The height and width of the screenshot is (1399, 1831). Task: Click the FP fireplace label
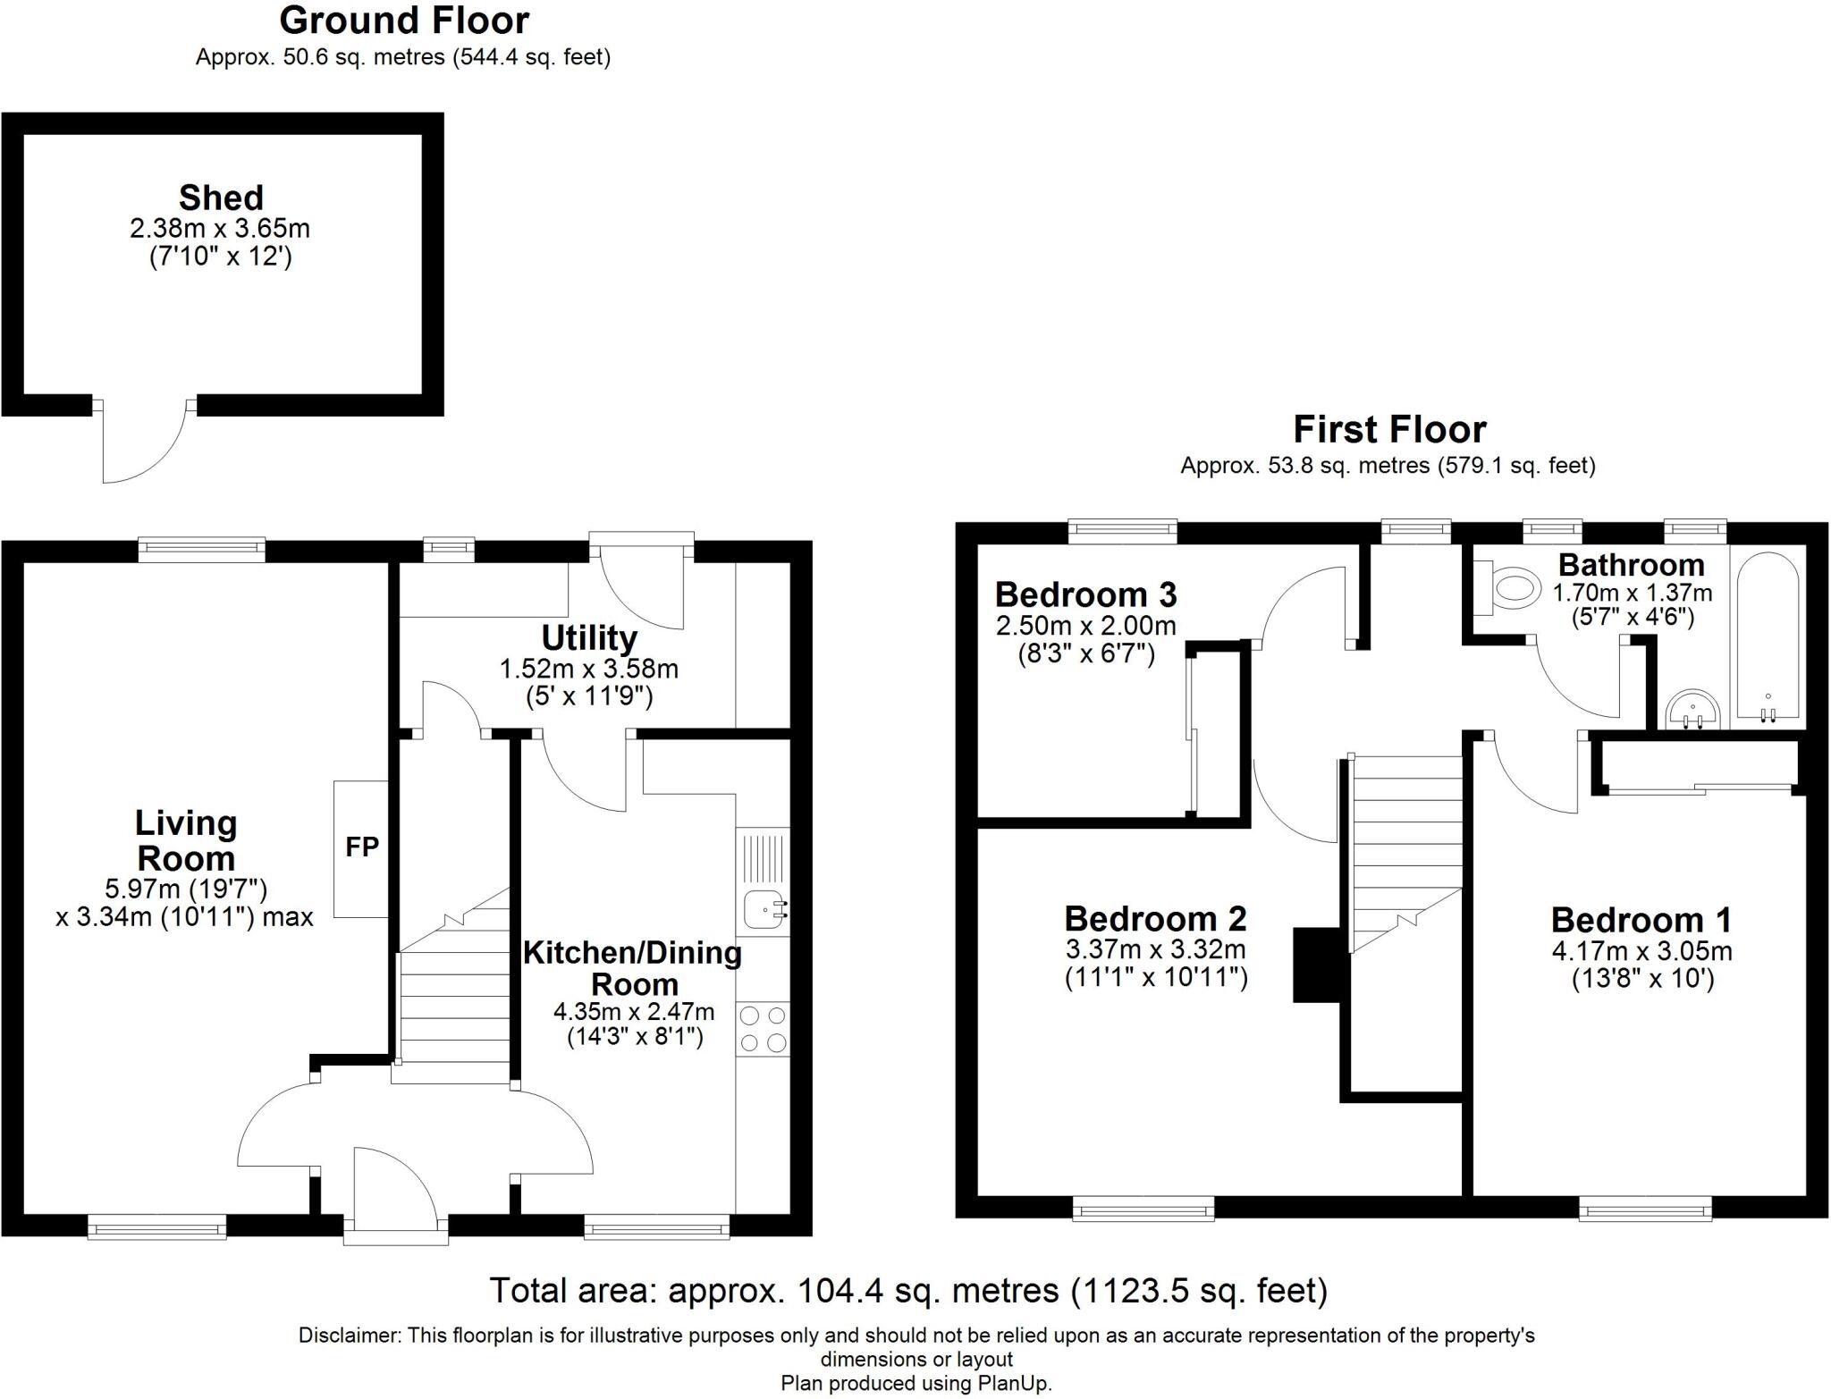click(x=362, y=847)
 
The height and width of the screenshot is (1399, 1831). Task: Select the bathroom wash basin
click(x=1692, y=709)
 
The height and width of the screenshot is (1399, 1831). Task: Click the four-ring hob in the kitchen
click(x=764, y=1029)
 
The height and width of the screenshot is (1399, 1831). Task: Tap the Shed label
click(x=221, y=198)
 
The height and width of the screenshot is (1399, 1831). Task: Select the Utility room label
click(x=589, y=638)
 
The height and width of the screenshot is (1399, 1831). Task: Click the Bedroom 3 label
click(x=1085, y=594)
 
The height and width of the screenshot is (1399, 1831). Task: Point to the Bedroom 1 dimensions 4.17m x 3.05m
click(x=1641, y=950)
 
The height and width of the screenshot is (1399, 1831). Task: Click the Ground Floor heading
click(x=404, y=20)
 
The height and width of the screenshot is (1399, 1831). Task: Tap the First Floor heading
click(x=1389, y=430)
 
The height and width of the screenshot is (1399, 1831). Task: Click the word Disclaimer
click(x=349, y=1336)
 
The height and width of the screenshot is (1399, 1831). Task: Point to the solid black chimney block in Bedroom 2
click(x=1316, y=965)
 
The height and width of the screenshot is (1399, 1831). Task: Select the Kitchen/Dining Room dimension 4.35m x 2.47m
click(x=633, y=1012)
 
